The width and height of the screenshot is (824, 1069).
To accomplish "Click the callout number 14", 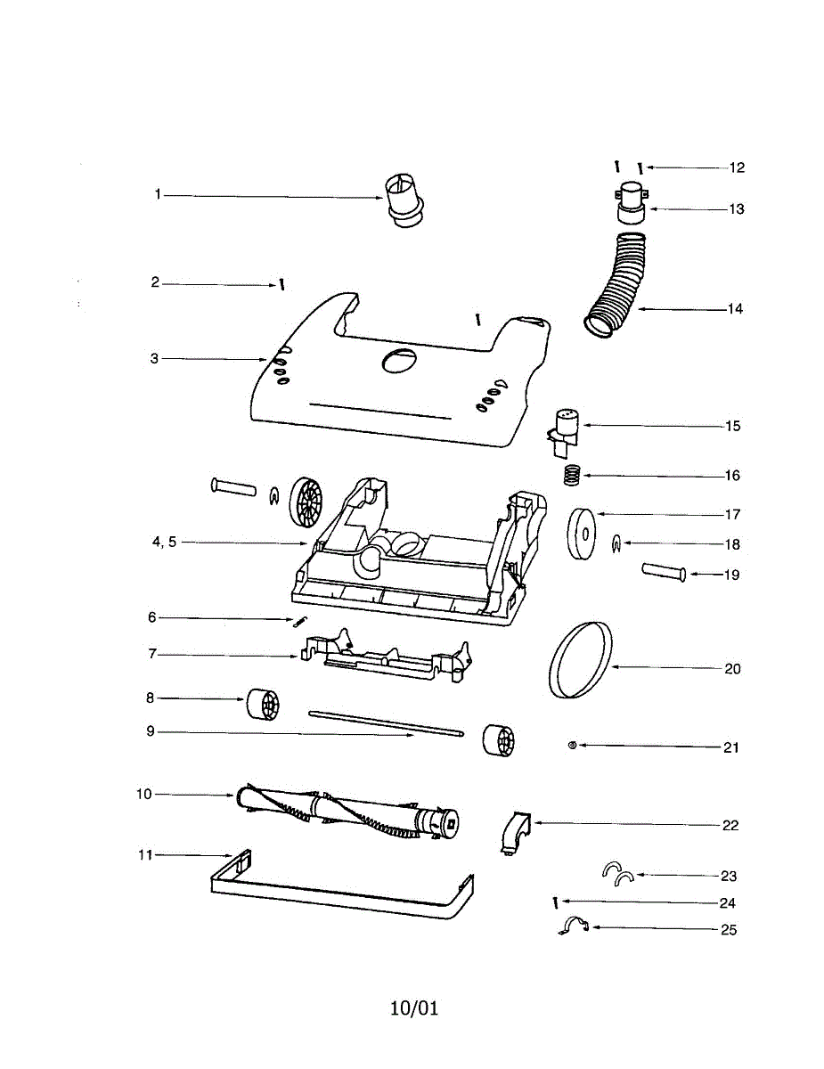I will coord(734,310).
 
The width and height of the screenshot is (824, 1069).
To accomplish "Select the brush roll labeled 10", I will coord(347,810).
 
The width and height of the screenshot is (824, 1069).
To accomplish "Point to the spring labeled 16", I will coord(571,474).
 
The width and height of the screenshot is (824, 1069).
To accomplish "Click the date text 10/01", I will coord(414,1008).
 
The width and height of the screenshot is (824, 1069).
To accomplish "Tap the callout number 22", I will coord(730,826).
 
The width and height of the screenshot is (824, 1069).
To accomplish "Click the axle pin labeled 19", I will coord(662,571).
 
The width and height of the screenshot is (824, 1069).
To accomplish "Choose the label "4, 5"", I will coord(165,543).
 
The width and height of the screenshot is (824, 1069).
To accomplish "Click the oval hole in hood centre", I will coord(398,360).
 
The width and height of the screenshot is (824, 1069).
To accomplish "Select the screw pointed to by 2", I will coord(281,285).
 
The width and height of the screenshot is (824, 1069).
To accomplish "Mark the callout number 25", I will coord(730,930).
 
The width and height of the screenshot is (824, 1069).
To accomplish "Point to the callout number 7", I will coord(152,655).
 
